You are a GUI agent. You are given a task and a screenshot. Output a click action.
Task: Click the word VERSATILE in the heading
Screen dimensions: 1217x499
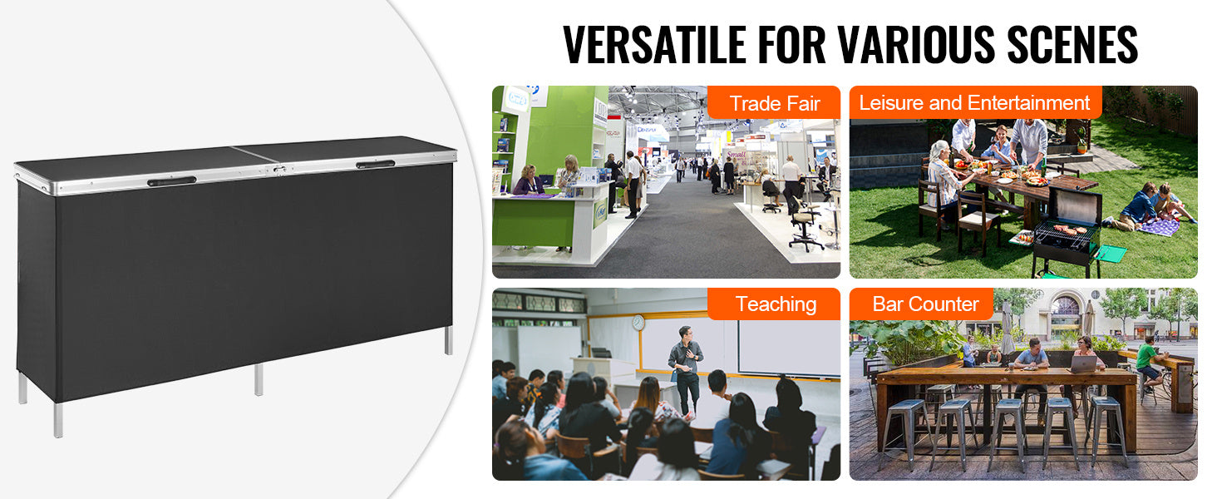654,45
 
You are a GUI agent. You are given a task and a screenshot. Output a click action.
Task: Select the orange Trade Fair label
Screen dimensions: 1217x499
774,103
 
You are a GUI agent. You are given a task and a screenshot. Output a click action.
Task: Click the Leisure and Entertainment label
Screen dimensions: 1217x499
975,102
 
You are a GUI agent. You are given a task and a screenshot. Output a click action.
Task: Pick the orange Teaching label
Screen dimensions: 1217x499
774,304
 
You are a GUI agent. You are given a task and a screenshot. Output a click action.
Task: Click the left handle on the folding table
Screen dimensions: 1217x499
172,181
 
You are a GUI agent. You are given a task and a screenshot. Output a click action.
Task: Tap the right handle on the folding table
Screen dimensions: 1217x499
376,164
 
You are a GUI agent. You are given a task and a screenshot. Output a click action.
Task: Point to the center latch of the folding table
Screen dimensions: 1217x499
280,170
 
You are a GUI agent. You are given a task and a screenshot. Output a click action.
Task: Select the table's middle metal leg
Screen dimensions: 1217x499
259,379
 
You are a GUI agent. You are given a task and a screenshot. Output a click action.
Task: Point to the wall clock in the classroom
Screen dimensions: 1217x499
638,323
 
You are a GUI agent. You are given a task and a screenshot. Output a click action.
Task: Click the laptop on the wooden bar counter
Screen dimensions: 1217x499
1083,364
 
